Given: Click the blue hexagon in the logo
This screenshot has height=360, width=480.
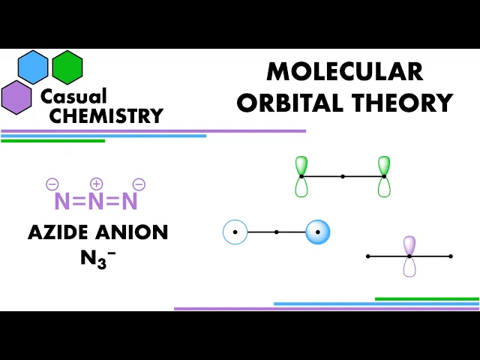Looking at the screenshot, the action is [33, 67].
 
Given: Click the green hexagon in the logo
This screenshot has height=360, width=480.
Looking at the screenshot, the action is [67, 67].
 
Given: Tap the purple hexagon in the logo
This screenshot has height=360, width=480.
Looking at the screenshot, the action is [16, 97].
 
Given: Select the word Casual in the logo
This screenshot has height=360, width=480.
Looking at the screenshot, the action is [73, 96].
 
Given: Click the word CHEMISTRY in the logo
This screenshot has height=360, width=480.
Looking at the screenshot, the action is [106, 115].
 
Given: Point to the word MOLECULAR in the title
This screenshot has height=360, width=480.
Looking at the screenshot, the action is [345, 71].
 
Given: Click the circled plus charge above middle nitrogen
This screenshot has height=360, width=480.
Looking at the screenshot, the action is [97, 184].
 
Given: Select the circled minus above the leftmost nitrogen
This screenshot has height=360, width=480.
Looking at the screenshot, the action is [52, 184].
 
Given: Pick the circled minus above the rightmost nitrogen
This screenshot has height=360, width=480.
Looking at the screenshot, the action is [139, 184].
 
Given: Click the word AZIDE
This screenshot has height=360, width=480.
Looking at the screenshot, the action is [58, 232].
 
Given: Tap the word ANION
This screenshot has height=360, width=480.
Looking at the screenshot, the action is [132, 232].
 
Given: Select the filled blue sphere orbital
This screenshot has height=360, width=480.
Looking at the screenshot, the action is [318, 232].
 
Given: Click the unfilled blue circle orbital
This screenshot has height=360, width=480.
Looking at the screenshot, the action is [235, 232].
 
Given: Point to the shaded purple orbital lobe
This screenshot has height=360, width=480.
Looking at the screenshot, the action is [409, 245].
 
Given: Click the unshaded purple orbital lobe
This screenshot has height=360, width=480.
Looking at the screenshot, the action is [409, 267].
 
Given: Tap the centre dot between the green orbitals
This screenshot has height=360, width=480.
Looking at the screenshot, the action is [343, 176].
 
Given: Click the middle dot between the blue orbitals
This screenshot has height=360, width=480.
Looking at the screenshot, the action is [277, 232].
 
